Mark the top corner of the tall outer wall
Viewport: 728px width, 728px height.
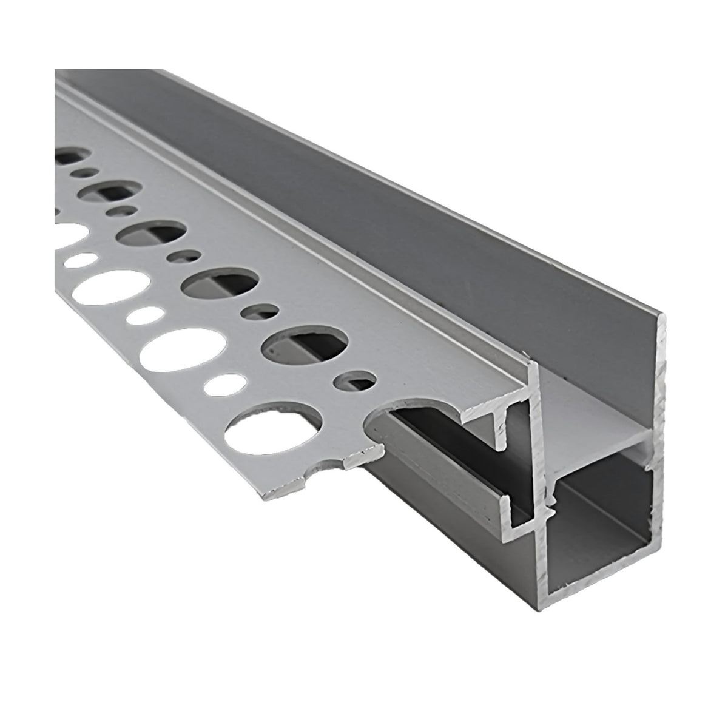664,315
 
